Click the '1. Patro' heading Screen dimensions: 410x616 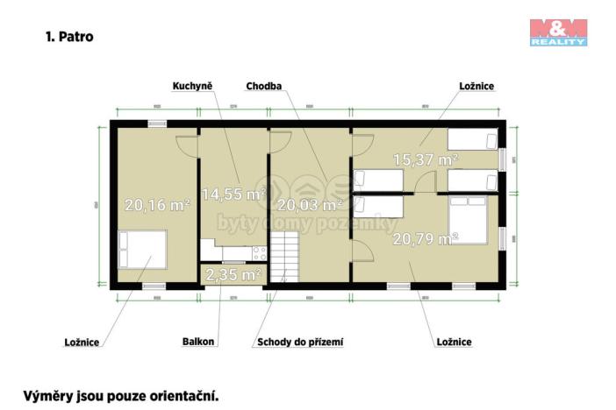pyautogui.click(x=68, y=37)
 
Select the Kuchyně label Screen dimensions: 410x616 pyautogui.click(x=192, y=86)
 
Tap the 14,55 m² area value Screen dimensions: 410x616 pyautogui.click(x=233, y=194)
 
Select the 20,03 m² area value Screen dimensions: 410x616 pyautogui.click(x=310, y=205)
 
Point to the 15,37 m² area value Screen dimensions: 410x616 pyautogui.click(x=426, y=159)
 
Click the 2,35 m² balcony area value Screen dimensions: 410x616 pyautogui.click(x=233, y=274)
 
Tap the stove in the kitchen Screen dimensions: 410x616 pyautogui.click(x=258, y=251)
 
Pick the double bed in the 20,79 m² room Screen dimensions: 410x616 pyautogui.click(x=469, y=219)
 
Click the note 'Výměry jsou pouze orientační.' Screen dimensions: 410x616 pyautogui.click(x=120, y=395)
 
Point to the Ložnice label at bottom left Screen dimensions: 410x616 pyautogui.click(x=82, y=342)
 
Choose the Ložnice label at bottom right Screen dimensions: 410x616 pyautogui.click(x=455, y=342)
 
